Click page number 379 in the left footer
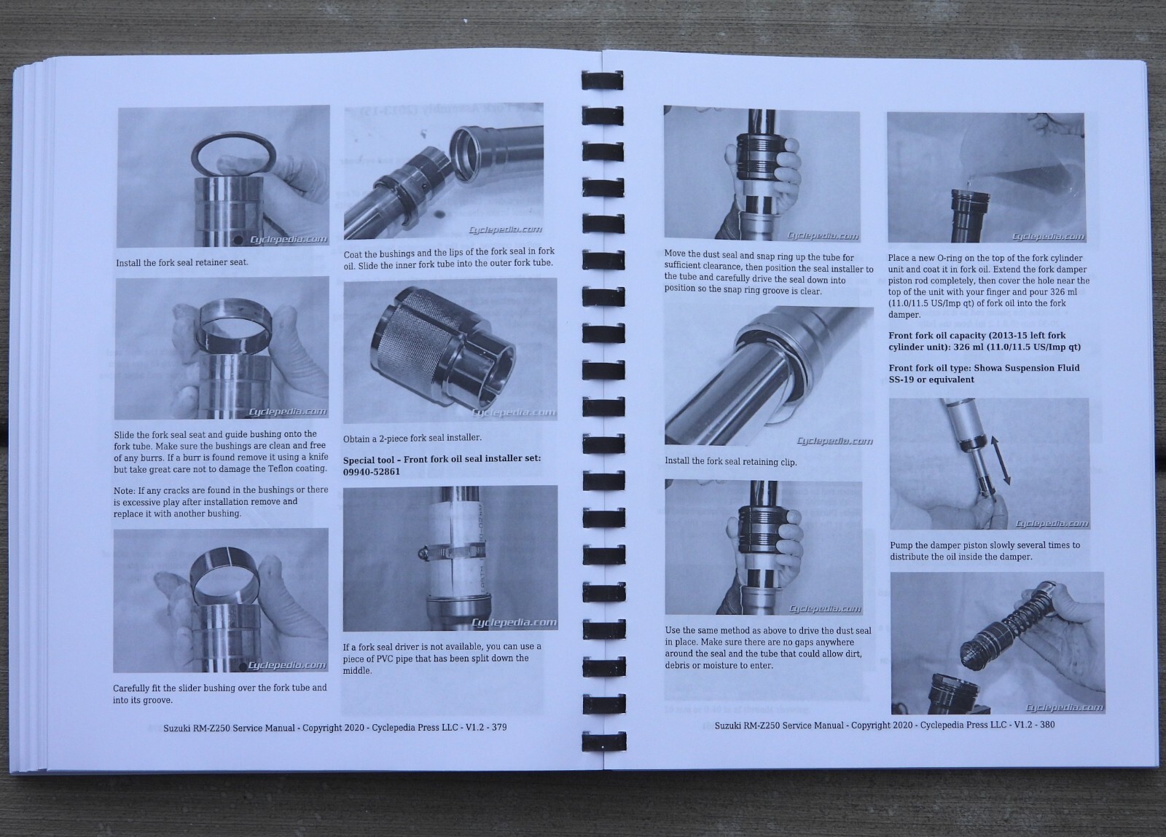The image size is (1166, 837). [x=498, y=727]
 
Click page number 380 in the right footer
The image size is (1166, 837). [x=1047, y=724]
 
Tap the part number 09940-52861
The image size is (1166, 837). [x=371, y=472]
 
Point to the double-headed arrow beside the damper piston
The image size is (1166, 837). [x=999, y=460]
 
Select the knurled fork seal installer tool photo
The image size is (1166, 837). [x=450, y=350]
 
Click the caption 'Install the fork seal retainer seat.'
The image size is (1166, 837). [x=181, y=263]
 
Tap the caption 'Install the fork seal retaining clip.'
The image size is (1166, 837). [x=730, y=461]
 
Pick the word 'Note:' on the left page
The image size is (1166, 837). [x=124, y=490]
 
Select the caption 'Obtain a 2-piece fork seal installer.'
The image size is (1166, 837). [x=412, y=439]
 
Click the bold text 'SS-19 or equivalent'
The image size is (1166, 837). [x=931, y=380]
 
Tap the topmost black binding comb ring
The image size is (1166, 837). [x=602, y=81]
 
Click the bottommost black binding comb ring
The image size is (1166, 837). [x=604, y=742]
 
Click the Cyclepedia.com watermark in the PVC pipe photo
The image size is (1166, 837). [x=514, y=623]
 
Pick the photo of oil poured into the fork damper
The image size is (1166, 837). [x=986, y=178]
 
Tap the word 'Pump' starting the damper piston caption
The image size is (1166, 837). [x=901, y=545]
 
